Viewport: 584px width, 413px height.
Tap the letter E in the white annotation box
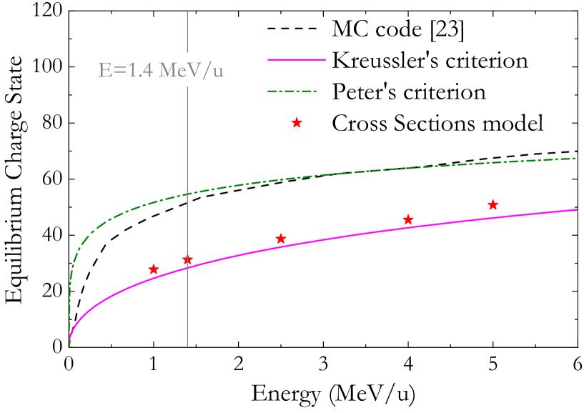pyautogui.click(x=105, y=71)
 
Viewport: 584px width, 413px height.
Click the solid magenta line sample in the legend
pyautogui.click(x=297, y=60)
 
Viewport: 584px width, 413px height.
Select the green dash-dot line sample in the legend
pyautogui.click(x=292, y=91)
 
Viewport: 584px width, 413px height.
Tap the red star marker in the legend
pyautogui.click(x=297, y=123)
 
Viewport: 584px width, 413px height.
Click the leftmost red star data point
pyautogui.click(x=153, y=269)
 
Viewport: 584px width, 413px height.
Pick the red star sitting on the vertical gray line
pyautogui.click(x=187, y=260)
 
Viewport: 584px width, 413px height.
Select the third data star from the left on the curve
pyautogui.click(x=281, y=239)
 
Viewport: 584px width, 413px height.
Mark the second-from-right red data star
pyautogui.click(x=407, y=219)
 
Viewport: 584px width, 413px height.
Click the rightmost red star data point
pyautogui.click(x=493, y=205)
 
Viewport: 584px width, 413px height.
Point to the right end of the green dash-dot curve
pyautogui.click(x=576, y=158)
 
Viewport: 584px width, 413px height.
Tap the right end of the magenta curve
pyautogui.click(x=576, y=209)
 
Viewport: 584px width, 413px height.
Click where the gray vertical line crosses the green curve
pyautogui.click(x=187, y=194)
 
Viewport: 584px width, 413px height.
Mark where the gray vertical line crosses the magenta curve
pyautogui.click(x=187, y=267)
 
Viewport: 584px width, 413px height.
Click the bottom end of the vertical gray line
pyautogui.click(x=187, y=347)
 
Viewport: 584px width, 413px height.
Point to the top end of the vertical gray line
pyautogui.click(x=187, y=12)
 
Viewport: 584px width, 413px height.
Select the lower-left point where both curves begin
pyautogui.click(x=69, y=346)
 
